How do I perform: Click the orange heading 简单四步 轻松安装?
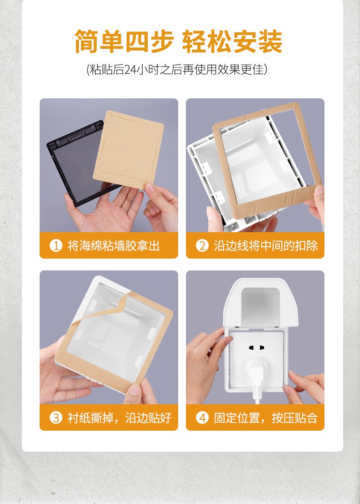click(179, 41)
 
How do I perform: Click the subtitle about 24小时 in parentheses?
click(177, 69)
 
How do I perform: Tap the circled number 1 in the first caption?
click(56, 246)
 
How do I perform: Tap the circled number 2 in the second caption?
click(202, 246)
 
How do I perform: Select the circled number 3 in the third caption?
click(56, 418)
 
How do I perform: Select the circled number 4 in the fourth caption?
click(202, 418)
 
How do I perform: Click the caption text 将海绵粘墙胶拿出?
click(113, 246)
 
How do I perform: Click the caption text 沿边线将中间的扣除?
click(266, 246)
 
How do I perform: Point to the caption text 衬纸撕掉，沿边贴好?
click(119, 418)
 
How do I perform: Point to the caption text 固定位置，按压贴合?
click(266, 418)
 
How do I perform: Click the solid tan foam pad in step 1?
click(129, 149)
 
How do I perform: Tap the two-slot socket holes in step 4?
click(257, 348)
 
